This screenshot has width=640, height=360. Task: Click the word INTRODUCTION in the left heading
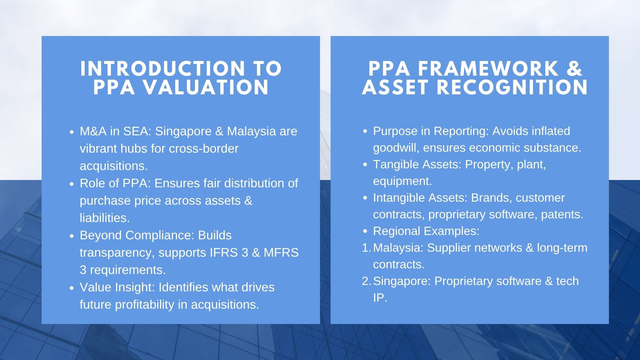click(x=163, y=69)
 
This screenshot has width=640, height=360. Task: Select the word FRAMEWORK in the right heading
click(x=488, y=69)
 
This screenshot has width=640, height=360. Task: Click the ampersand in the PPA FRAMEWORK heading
click(x=574, y=69)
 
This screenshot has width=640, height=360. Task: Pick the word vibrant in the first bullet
click(x=98, y=148)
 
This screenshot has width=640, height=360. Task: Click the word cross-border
click(x=204, y=148)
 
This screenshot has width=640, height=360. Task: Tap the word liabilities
click(x=105, y=218)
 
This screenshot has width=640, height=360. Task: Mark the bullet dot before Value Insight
click(x=72, y=288)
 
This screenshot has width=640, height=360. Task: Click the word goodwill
click(x=396, y=148)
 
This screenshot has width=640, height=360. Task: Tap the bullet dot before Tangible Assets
click(x=365, y=165)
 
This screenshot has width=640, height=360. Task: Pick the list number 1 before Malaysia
click(x=366, y=248)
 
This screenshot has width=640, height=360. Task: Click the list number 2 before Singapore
click(x=366, y=281)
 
